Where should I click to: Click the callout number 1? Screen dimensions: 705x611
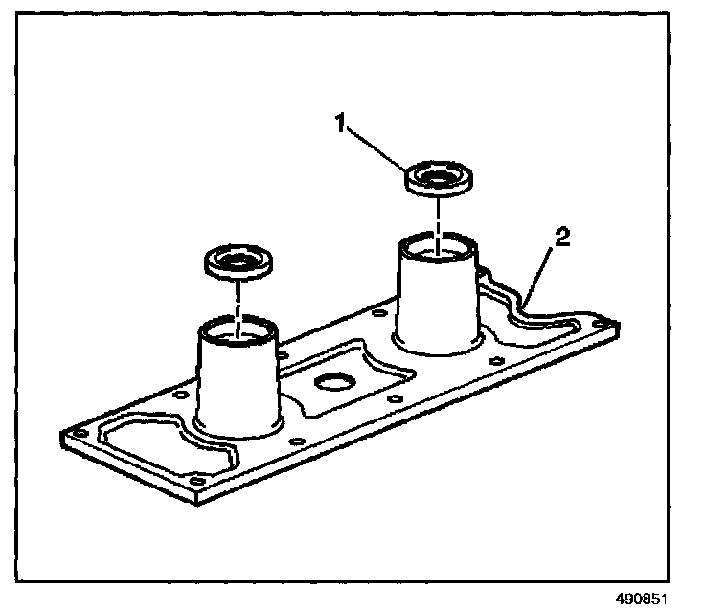[x=341, y=123]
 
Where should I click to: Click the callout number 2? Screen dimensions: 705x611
[x=562, y=237]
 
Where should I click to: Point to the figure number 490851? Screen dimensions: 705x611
[x=641, y=600]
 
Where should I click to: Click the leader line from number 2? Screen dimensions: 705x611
[x=537, y=278]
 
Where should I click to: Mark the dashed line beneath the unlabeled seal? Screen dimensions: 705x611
[x=239, y=305]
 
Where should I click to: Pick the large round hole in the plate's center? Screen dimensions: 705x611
[x=335, y=383]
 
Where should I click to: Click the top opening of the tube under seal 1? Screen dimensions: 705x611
[x=437, y=246]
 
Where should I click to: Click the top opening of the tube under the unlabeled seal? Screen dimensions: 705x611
[x=239, y=330]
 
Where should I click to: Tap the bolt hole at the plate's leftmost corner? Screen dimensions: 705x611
[x=80, y=434]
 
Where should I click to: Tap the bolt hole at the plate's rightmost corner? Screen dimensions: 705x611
[x=601, y=324]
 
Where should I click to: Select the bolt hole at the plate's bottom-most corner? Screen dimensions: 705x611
[x=198, y=482]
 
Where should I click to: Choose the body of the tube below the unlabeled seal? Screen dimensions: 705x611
[x=238, y=382]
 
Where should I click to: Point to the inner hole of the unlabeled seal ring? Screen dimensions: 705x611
[x=238, y=261]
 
